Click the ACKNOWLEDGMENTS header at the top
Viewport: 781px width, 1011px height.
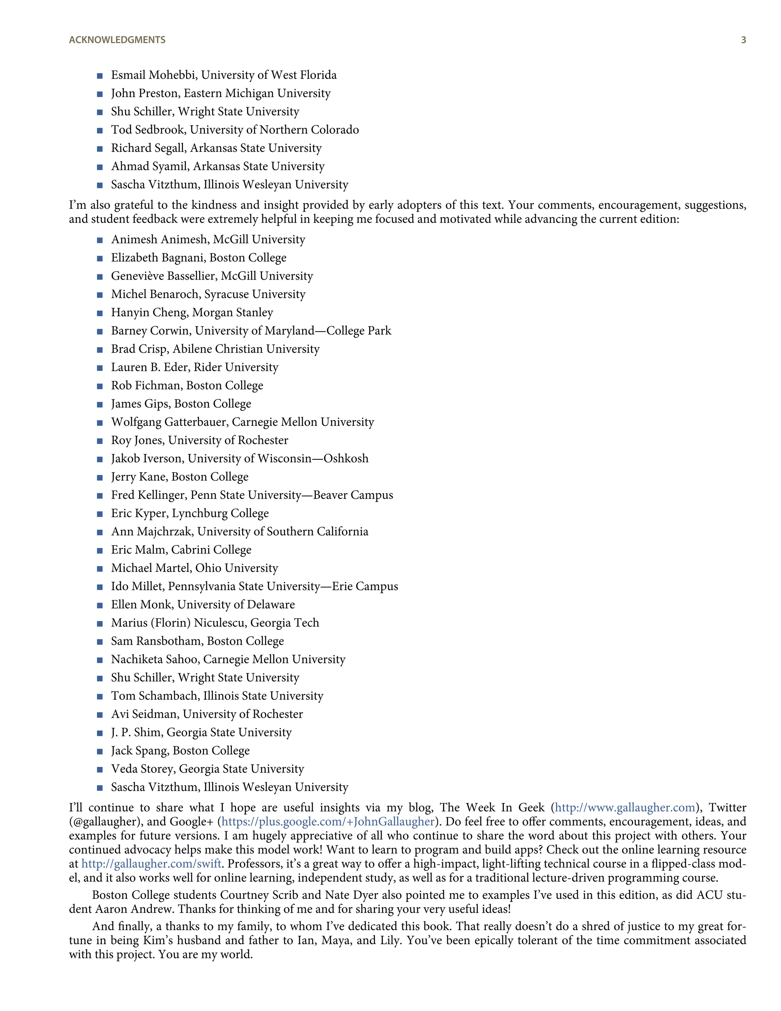click(117, 40)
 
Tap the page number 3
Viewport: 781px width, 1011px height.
click(744, 40)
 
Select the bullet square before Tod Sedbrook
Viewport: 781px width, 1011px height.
click(100, 130)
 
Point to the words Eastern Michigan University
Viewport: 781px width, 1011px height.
click(257, 93)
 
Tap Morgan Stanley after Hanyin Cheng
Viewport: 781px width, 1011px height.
click(232, 312)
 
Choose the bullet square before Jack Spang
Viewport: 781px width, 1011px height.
click(100, 751)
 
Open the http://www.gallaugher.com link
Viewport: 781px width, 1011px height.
click(625, 808)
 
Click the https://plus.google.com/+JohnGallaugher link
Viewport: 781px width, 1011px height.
click(328, 822)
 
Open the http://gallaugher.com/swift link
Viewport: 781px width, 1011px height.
click(151, 864)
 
